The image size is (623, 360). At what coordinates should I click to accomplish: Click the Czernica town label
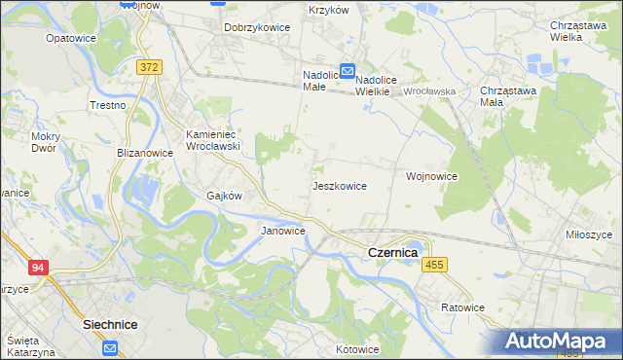pos(392,252)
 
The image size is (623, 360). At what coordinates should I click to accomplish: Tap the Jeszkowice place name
pos(339,185)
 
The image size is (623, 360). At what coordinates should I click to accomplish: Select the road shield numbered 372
pos(149,67)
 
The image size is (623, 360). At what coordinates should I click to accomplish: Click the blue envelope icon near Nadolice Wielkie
pos(348,70)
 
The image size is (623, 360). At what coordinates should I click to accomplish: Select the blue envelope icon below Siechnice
pos(111,346)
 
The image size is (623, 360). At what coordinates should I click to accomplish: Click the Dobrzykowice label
pos(257,27)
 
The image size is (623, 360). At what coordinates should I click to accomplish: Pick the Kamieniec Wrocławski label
pos(213,139)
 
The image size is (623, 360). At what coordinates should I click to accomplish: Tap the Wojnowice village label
pos(431,176)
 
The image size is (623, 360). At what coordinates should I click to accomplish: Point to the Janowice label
pos(283,231)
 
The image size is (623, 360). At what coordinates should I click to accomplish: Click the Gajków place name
pos(223,195)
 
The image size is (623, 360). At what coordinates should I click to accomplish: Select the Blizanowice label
pos(145,153)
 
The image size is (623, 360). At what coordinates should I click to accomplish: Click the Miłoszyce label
pos(589,234)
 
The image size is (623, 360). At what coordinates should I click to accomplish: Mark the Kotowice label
pos(356,348)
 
